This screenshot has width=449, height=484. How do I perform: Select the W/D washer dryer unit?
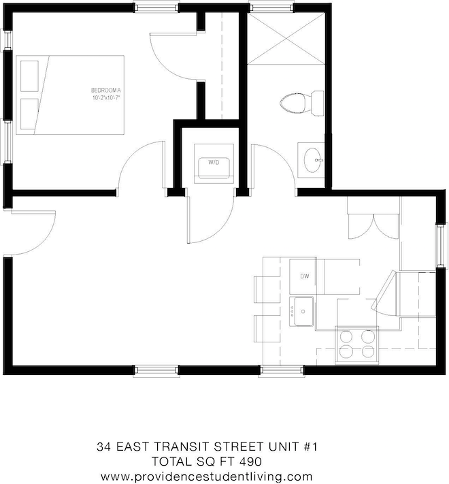coord(213,163)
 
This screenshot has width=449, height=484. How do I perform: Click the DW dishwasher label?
coord(305,276)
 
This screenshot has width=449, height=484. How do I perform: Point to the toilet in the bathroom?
coord(295,103)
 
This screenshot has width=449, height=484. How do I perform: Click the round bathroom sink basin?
coord(313,161)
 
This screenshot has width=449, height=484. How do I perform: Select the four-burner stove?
coord(358,344)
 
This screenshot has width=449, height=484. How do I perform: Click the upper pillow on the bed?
coord(29,74)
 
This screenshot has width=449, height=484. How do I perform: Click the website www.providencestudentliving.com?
coord(207,476)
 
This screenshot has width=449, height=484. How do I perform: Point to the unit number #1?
coord(312,448)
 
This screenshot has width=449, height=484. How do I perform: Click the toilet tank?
coord(317,103)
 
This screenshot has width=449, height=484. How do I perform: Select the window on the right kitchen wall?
coord(440,245)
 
